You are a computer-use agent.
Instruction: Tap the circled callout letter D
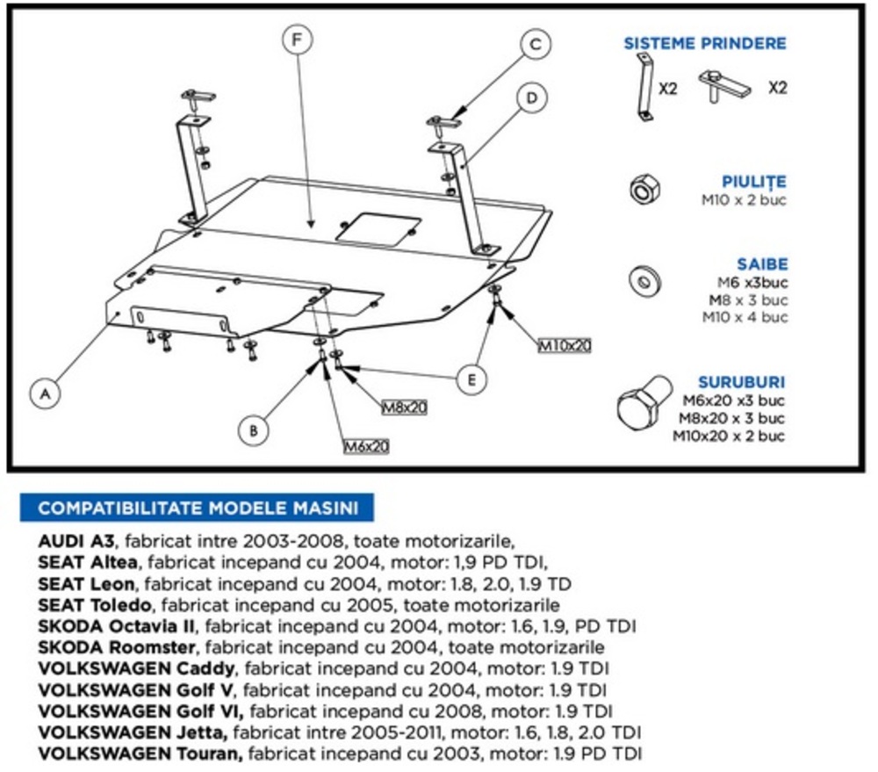[531, 97]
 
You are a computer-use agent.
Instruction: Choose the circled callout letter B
[253, 430]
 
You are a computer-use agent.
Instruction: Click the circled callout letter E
[471, 379]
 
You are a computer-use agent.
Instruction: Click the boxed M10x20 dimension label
[565, 345]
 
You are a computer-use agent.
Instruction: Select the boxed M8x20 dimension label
[405, 408]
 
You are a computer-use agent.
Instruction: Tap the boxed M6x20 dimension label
[366, 447]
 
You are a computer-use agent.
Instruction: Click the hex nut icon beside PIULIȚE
[643, 188]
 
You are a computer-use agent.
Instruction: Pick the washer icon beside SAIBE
[644, 281]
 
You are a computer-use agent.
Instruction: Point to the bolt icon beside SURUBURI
[641, 408]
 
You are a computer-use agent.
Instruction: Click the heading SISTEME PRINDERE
[705, 43]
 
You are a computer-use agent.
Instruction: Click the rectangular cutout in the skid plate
[378, 228]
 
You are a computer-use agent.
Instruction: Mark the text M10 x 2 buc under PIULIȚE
[743, 199]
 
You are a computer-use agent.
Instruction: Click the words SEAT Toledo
[97, 604]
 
